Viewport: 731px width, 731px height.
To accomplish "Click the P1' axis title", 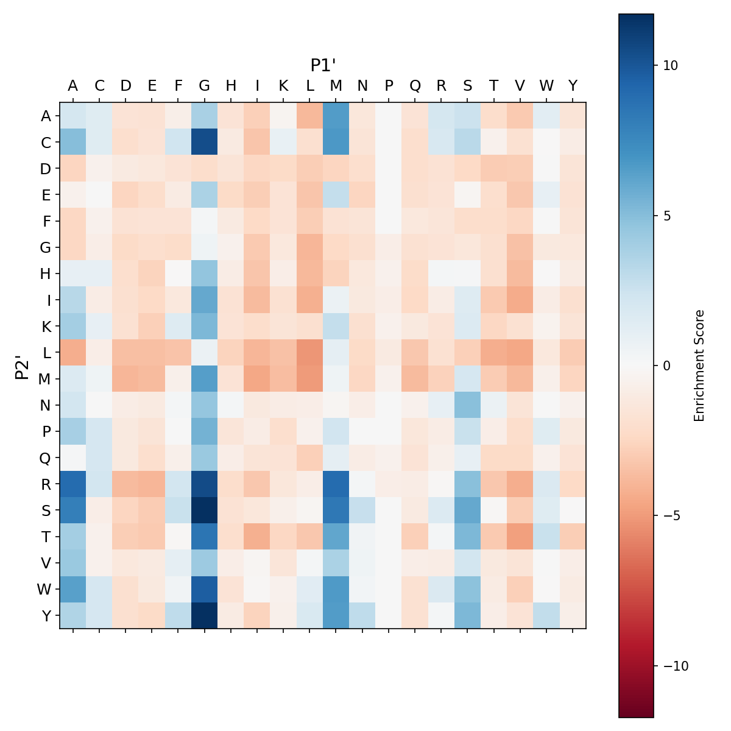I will click(x=323, y=65).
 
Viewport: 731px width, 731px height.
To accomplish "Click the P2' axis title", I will click(x=22, y=365).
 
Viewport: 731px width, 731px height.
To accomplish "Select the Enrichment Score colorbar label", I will click(x=699, y=365).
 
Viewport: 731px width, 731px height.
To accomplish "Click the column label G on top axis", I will click(x=205, y=86).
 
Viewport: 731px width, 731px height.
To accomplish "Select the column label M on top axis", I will click(x=336, y=86).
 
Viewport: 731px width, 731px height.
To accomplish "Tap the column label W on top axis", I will click(x=546, y=86).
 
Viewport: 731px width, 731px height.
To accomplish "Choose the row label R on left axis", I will click(x=46, y=484).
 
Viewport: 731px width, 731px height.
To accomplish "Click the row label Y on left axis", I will click(x=46, y=615).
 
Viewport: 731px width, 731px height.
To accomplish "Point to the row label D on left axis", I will click(x=46, y=168).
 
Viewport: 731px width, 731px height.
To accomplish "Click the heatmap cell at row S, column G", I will click(x=205, y=510).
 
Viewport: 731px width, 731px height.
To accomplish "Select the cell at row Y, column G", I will click(x=205, y=615).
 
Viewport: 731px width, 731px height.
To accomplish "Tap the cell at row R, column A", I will click(x=73, y=484).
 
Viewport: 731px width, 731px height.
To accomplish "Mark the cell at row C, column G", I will click(x=205, y=142).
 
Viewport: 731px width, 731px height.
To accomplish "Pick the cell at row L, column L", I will click(x=310, y=352).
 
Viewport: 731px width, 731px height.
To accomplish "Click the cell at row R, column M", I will click(x=336, y=484).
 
